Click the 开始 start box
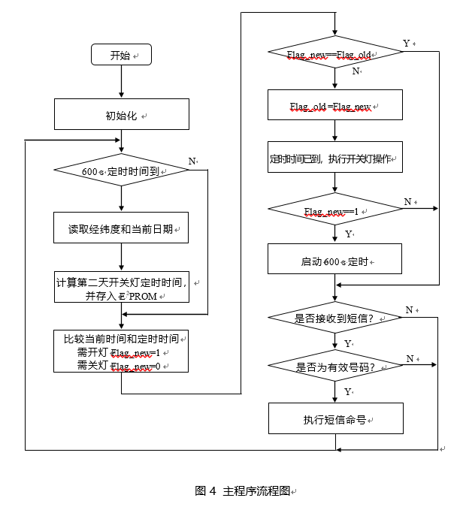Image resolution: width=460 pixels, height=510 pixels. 121,55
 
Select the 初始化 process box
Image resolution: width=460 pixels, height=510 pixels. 121,115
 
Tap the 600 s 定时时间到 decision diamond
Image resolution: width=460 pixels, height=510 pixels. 121,171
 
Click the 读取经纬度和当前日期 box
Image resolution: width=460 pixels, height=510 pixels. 121,228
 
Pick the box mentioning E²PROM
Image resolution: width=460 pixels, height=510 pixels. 121,289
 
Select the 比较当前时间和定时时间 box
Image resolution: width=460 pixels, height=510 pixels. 121,351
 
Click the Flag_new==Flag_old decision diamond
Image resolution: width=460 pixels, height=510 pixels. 335,54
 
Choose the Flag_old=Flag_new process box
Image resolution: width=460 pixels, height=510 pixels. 335,104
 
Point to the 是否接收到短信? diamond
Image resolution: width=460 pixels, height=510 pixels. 335,318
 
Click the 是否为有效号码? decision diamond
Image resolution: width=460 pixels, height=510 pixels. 335,367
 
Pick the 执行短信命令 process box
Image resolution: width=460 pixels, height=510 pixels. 335,418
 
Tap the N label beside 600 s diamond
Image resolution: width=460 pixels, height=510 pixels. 192,161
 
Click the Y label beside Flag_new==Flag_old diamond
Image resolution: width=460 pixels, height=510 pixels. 407,44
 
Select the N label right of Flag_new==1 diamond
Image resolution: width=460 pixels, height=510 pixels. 408,201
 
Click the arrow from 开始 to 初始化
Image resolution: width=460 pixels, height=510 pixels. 121,83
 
